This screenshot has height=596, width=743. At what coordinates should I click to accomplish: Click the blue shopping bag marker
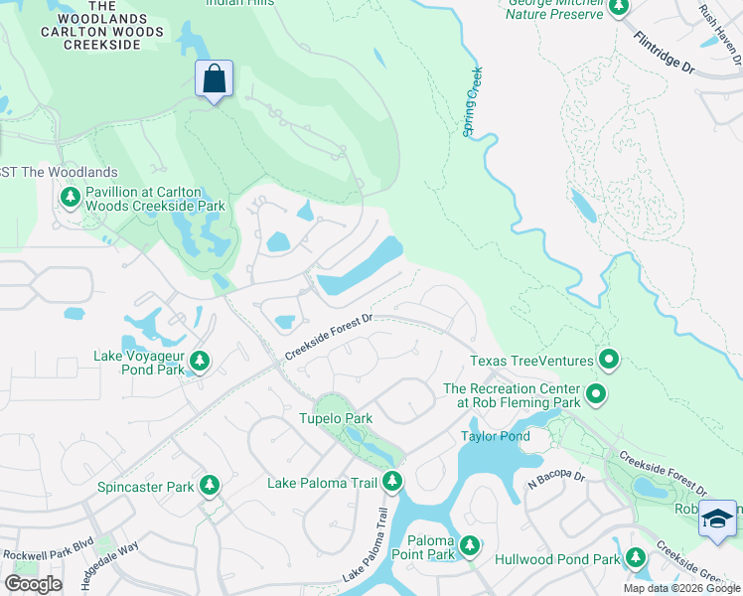[x=215, y=79]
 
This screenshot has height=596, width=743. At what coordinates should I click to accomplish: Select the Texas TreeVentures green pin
[x=610, y=361]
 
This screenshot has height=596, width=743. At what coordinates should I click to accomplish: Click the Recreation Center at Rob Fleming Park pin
[x=596, y=395]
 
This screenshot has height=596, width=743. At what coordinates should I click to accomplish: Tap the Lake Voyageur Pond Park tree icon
[x=200, y=362]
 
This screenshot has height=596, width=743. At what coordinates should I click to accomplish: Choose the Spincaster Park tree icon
[x=209, y=486]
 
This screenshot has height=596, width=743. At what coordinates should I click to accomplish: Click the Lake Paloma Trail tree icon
[x=392, y=482]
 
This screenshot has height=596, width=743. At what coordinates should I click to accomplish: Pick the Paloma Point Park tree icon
[x=470, y=545]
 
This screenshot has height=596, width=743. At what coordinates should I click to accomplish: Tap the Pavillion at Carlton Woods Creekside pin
[x=71, y=198]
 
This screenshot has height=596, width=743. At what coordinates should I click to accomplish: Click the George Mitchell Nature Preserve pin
[x=619, y=9]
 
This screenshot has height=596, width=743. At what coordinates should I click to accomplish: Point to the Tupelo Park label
[x=336, y=418]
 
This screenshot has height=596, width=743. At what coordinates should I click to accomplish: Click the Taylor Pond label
[x=495, y=436]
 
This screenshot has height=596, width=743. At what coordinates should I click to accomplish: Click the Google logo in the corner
[x=33, y=584]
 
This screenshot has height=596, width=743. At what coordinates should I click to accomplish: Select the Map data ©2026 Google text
[x=680, y=588]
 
